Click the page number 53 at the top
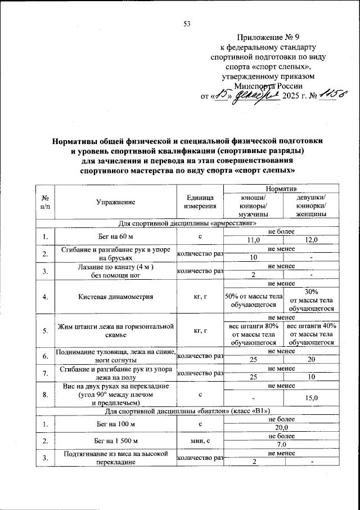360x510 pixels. [187, 23]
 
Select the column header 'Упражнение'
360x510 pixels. [115, 200]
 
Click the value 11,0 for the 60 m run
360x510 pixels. [255, 240]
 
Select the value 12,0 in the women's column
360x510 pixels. [311, 240]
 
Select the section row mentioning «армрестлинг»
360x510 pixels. [186, 223]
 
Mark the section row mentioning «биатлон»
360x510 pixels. [186, 410]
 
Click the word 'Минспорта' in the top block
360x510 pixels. [253, 86]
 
